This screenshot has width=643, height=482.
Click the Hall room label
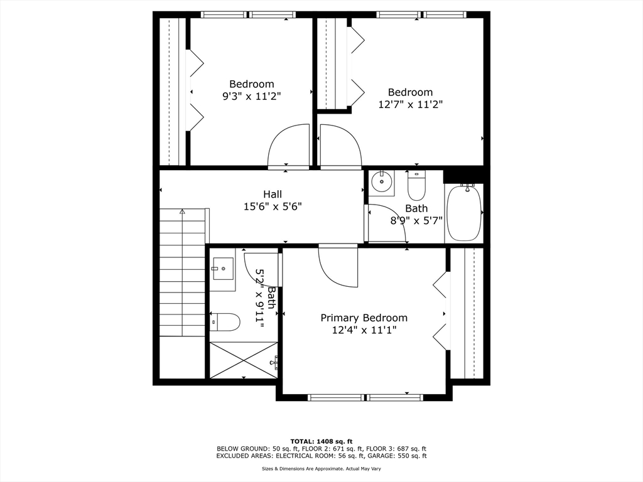tap(272, 194)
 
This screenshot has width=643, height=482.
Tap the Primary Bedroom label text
tap(364, 318)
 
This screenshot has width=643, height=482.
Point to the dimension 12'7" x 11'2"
tap(410, 105)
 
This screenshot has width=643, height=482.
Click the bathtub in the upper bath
tap(464, 213)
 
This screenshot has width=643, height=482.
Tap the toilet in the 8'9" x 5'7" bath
tap(416, 186)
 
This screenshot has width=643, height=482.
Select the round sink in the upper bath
tap(381, 183)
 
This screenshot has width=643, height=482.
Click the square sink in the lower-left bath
tap(222, 270)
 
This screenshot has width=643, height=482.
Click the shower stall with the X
tap(243, 360)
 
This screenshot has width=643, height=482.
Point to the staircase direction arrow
tap(182, 212)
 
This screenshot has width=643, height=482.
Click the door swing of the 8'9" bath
tap(386, 223)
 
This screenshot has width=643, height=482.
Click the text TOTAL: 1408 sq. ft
tap(321, 441)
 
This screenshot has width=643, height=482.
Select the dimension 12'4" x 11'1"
tap(364, 329)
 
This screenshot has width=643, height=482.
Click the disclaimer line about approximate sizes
tap(321, 468)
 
